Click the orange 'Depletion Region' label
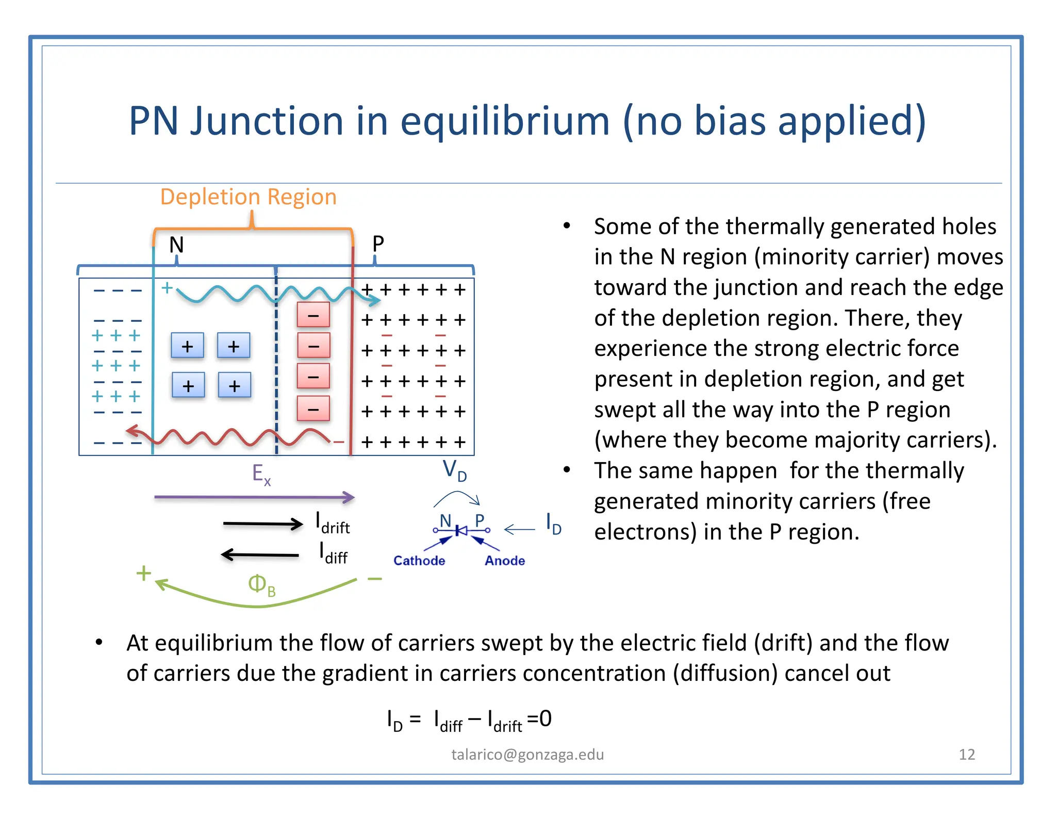pyautogui.click(x=248, y=197)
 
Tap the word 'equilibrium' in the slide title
pyautogui.click(x=505, y=122)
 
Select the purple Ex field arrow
pyautogui.click(x=254, y=497)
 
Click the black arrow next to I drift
pyautogui.click(x=263, y=524)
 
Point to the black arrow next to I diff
pyautogui.click(x=260, y=555)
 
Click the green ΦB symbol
pyautogui.click(x=261, y=585)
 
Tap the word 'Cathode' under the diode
pyautogui.click(x=419, y=561)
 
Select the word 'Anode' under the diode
pyautogui.click(x=505, y=561)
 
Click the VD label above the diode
pyautogui.click(x=454, y=470)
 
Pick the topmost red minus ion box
pyautogui.click(x=313, y=315)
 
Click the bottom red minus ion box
pyautogui.click(x=313, y=409)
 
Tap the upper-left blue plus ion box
pyautogui.click(x=188, y=346)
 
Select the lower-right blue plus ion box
pyautogui.click(x=235, y=385)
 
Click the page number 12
pyautogui.click(x=967, y=755)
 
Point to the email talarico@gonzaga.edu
pyautogui.click(x=527, y=755)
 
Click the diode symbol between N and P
pyautogui.click(x=461, y=530)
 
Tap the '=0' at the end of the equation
pyautogui.click(x=539, y=719)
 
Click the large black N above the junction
pyautogui.click(x=176, y=244)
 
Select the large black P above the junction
pyautogui.click(x=378, y=243)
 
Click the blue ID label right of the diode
pyautogui.click(x=553, y=524)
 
